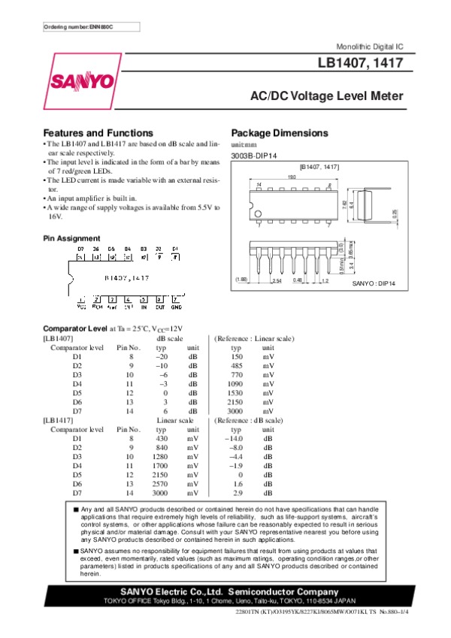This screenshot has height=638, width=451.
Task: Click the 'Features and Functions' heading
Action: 98,133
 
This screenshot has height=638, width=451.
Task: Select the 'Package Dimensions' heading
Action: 280,133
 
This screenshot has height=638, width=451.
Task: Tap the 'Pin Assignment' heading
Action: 72,238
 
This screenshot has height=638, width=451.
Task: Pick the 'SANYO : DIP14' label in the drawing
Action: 374,284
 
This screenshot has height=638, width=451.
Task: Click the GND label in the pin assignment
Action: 176,307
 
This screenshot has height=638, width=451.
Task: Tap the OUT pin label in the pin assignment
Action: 160,307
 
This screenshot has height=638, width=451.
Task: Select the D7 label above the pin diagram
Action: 80,248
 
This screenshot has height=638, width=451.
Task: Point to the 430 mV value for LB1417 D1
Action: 161,438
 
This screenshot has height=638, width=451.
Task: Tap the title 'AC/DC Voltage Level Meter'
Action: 326,96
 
